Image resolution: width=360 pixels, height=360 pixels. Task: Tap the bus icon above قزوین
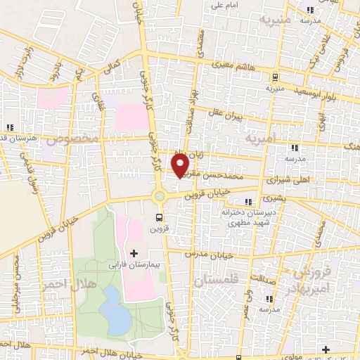click(159, 217)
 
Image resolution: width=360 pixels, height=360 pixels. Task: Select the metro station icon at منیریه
click(275, 77)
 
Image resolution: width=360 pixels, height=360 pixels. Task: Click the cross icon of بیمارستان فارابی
click(134, 252)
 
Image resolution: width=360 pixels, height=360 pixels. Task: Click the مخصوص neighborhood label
click(68, 139)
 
